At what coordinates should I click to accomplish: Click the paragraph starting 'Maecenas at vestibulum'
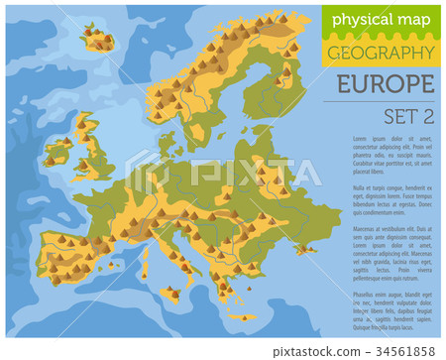click(382, 253)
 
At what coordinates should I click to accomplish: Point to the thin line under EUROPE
click(382, 100)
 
